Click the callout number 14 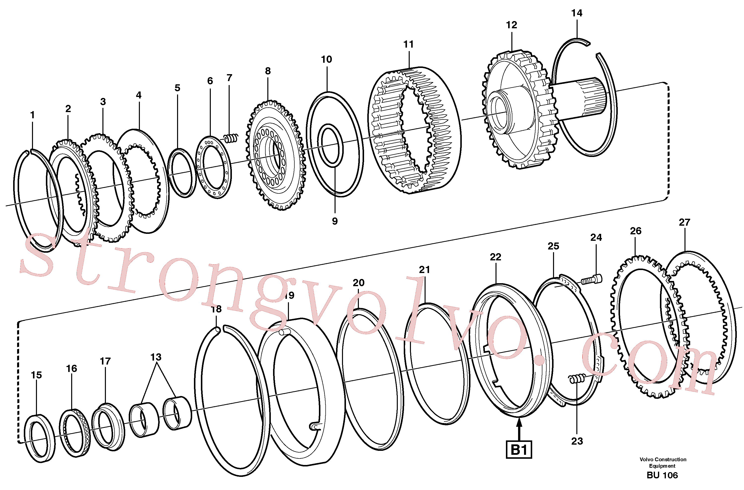[577, 13]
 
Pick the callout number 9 [335, 221]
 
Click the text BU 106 [662, 475]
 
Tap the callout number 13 [156, 357]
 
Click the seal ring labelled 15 [40, 438]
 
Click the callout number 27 [684, 222]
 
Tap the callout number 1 [32, 115]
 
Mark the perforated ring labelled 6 [214, 167]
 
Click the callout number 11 [408, 44]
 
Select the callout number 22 [496, 257]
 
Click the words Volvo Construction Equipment [663, 462]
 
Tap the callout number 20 [359, 283]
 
